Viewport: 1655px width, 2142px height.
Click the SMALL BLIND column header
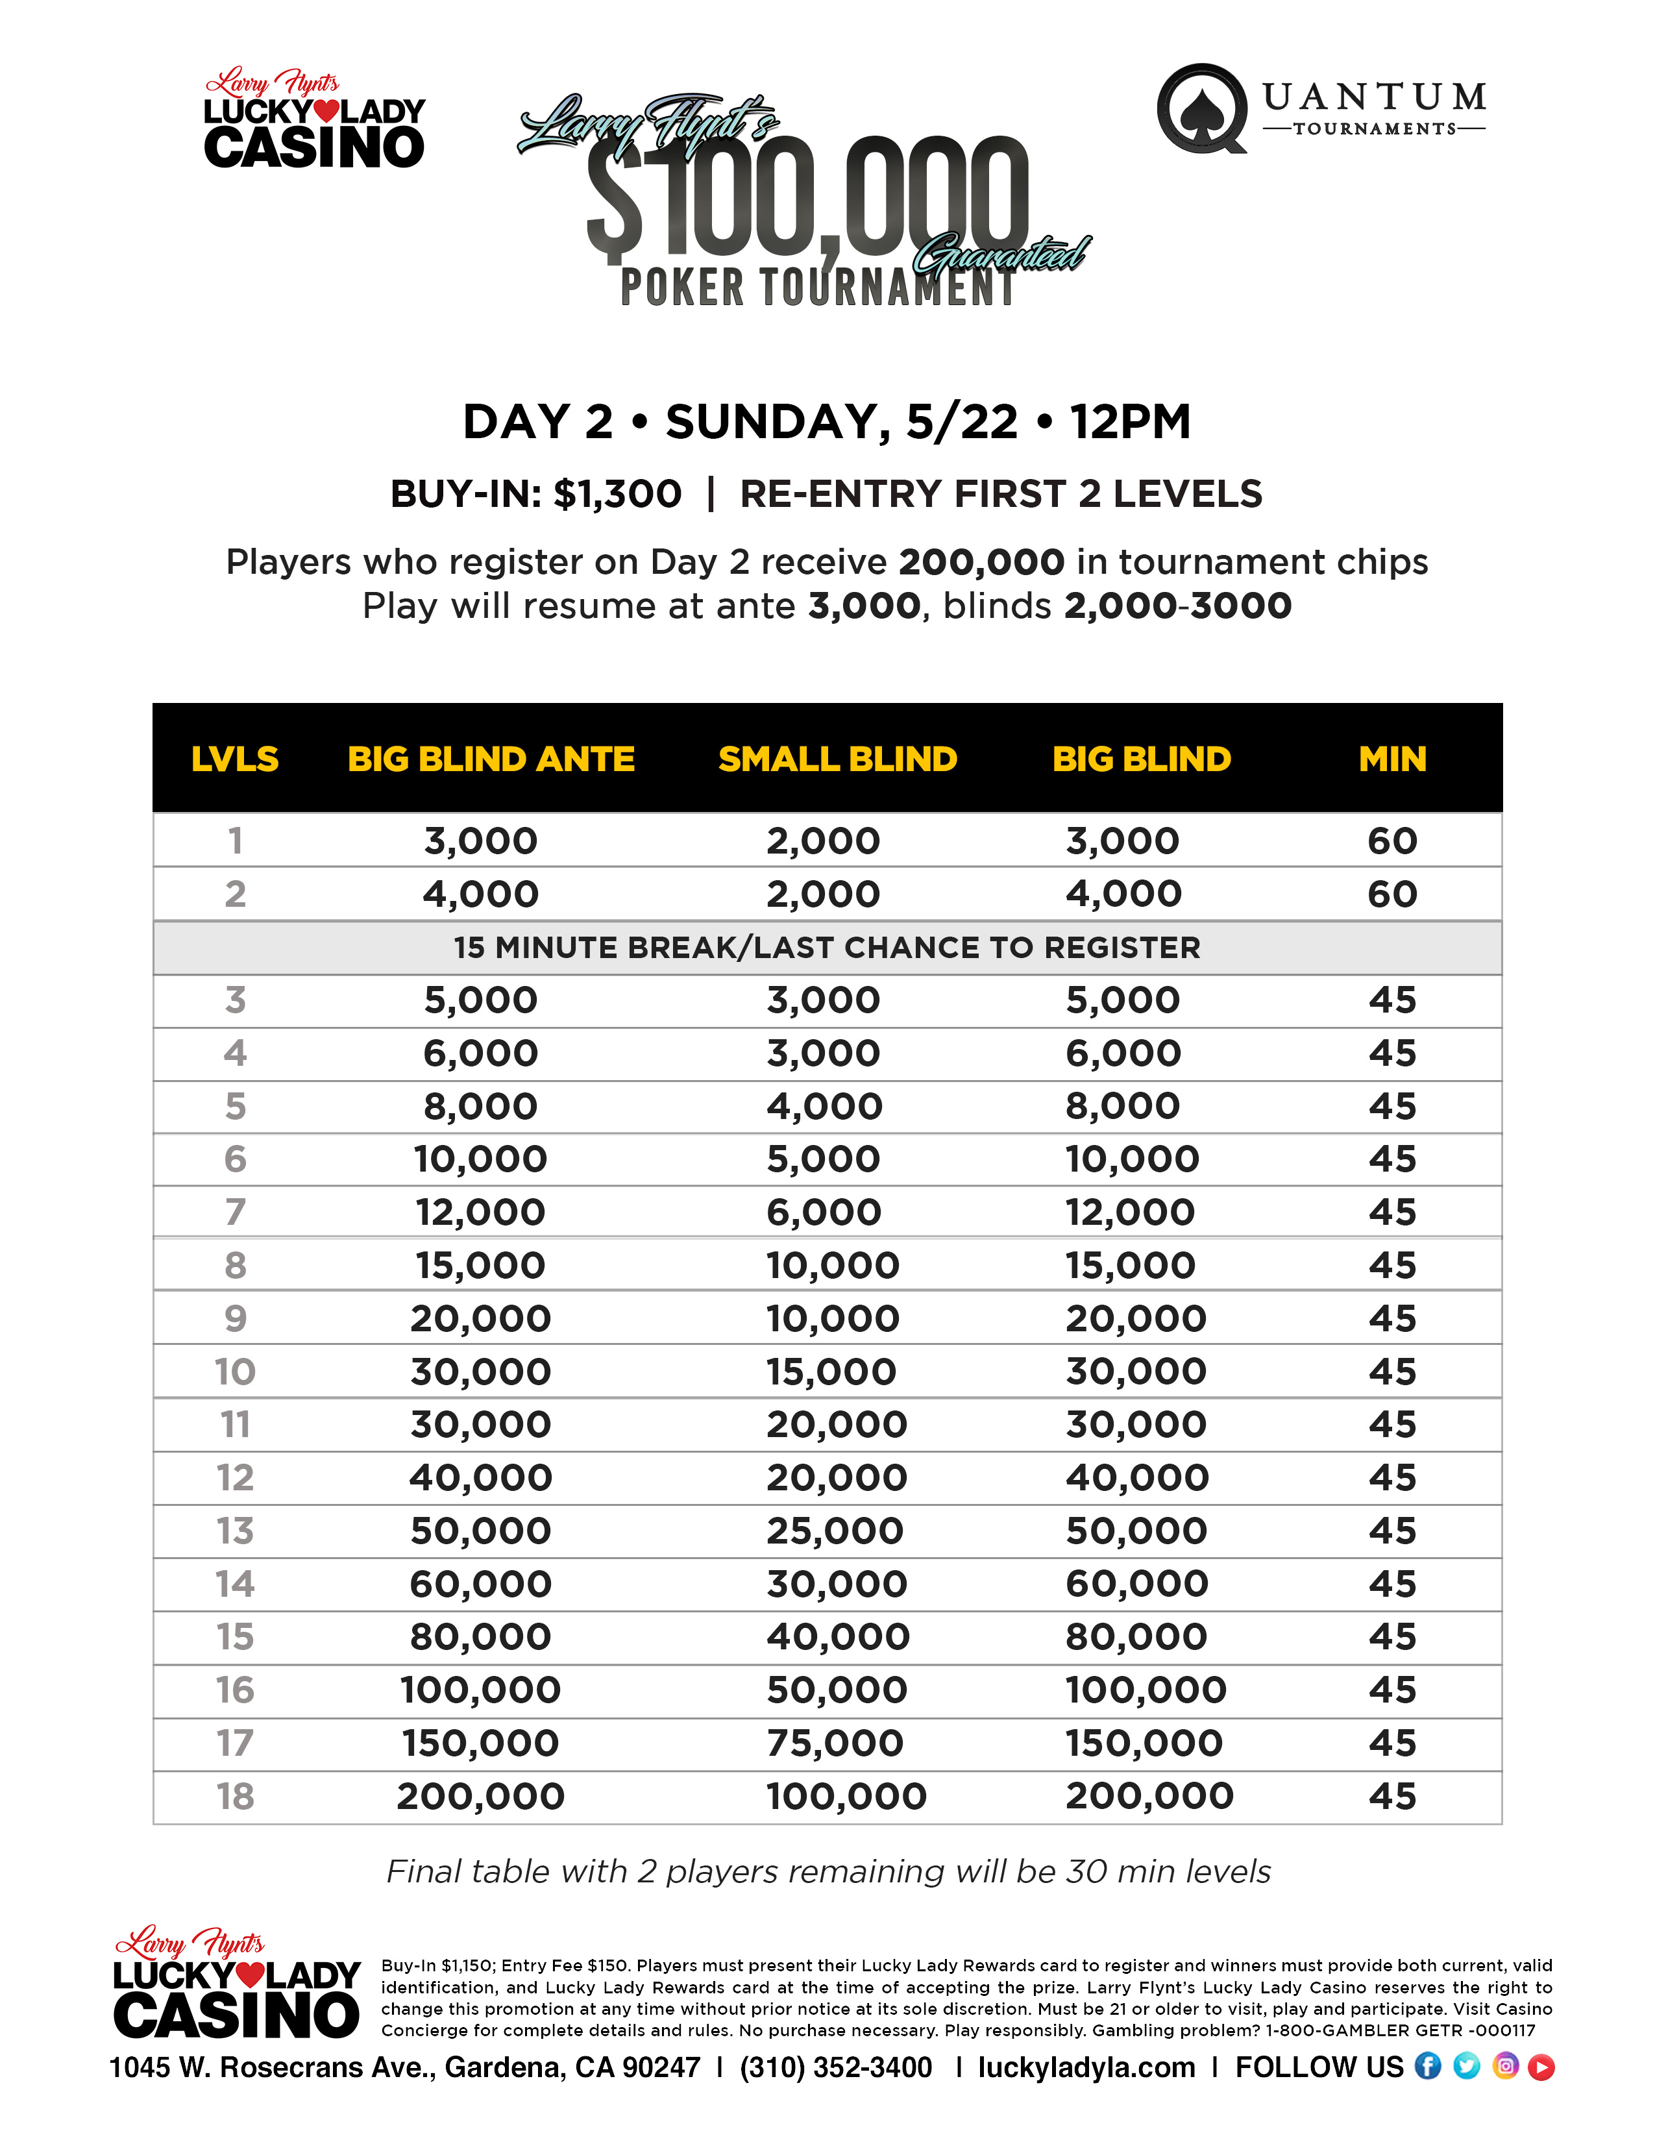837,759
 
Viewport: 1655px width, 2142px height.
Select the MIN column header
1392,759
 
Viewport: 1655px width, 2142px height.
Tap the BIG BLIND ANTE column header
491,759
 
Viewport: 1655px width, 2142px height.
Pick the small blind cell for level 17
835,1743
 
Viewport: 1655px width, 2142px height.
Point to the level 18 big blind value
1149,1796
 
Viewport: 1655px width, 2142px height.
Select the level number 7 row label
236,1213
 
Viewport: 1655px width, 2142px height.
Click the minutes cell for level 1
1392,841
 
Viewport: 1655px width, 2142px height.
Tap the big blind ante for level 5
480,1106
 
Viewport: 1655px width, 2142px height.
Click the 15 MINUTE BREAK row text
826,948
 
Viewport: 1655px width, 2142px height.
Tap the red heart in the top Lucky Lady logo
326,112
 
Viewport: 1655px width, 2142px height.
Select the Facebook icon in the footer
1428,2067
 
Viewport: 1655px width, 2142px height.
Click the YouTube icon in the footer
1541,2067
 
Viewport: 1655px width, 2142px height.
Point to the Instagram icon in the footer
1505,2067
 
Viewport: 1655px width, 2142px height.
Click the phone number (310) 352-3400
837,2067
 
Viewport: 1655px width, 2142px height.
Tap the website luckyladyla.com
1086,2067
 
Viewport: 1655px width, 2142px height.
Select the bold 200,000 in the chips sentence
981,562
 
